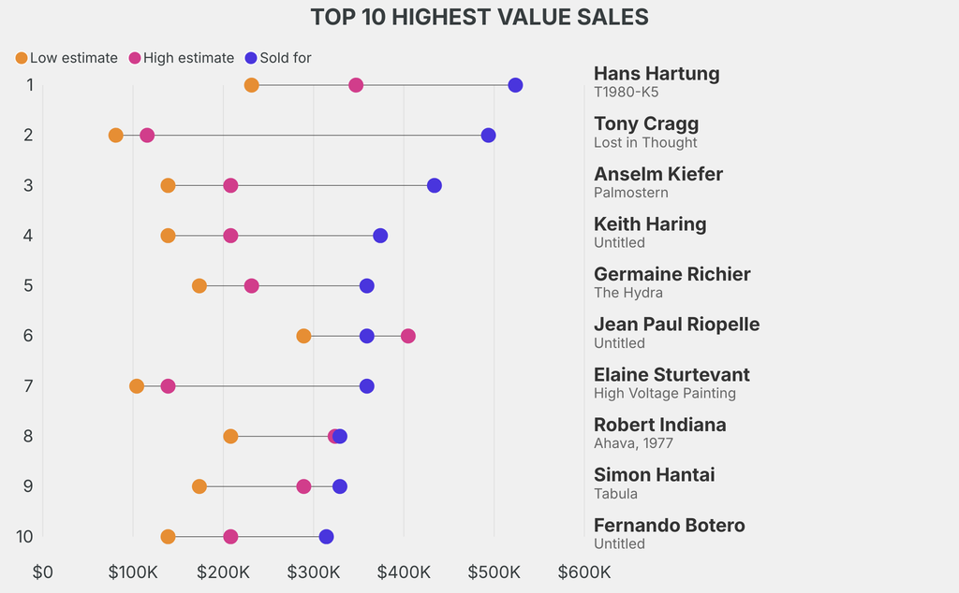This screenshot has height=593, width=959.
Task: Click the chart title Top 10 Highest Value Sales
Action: point(479,17)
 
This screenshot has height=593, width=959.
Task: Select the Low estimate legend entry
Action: point(66,58)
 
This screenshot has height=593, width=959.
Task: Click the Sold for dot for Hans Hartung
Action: point(515,85)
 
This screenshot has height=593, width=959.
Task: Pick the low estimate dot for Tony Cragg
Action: point(116,136)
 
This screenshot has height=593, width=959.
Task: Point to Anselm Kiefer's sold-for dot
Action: point(435,185)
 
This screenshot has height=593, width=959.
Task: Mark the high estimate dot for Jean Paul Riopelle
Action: point(408,336)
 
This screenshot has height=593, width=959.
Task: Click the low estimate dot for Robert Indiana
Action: point(230,436)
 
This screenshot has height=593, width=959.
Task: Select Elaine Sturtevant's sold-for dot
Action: point(367,386)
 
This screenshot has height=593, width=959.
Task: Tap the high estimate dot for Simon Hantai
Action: point(303,486)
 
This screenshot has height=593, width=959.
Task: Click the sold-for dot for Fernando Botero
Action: point(326,537)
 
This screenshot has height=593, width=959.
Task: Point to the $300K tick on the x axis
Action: point(314,571)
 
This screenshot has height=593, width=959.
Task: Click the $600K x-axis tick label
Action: point(583,571)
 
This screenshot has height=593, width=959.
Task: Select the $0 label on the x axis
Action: point(43,571)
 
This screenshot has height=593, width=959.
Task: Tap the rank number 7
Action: point(29,385)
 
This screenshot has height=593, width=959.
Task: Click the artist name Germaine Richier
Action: point(671,274)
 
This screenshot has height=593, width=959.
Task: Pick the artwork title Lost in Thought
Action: point(645,142)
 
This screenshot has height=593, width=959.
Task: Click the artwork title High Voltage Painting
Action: point(664,393)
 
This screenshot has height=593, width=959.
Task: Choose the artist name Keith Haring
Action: point(650,224)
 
